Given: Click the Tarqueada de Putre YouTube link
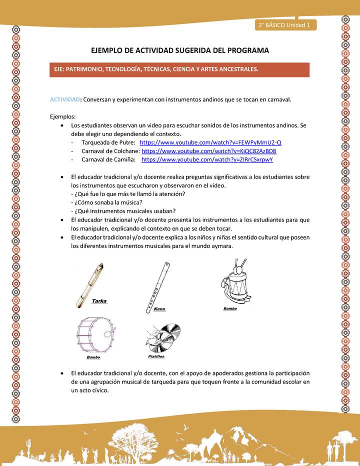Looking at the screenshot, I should pos(210,142).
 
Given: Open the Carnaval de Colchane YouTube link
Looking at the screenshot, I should pos(209,151).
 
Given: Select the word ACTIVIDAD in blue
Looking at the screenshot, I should pos(65,99).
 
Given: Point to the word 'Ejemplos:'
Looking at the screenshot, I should pos(62,116).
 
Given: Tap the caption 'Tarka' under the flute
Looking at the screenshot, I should pos(99,301).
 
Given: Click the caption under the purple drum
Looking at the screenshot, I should pos(93,357).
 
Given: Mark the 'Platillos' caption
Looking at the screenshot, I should pos(156,356).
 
